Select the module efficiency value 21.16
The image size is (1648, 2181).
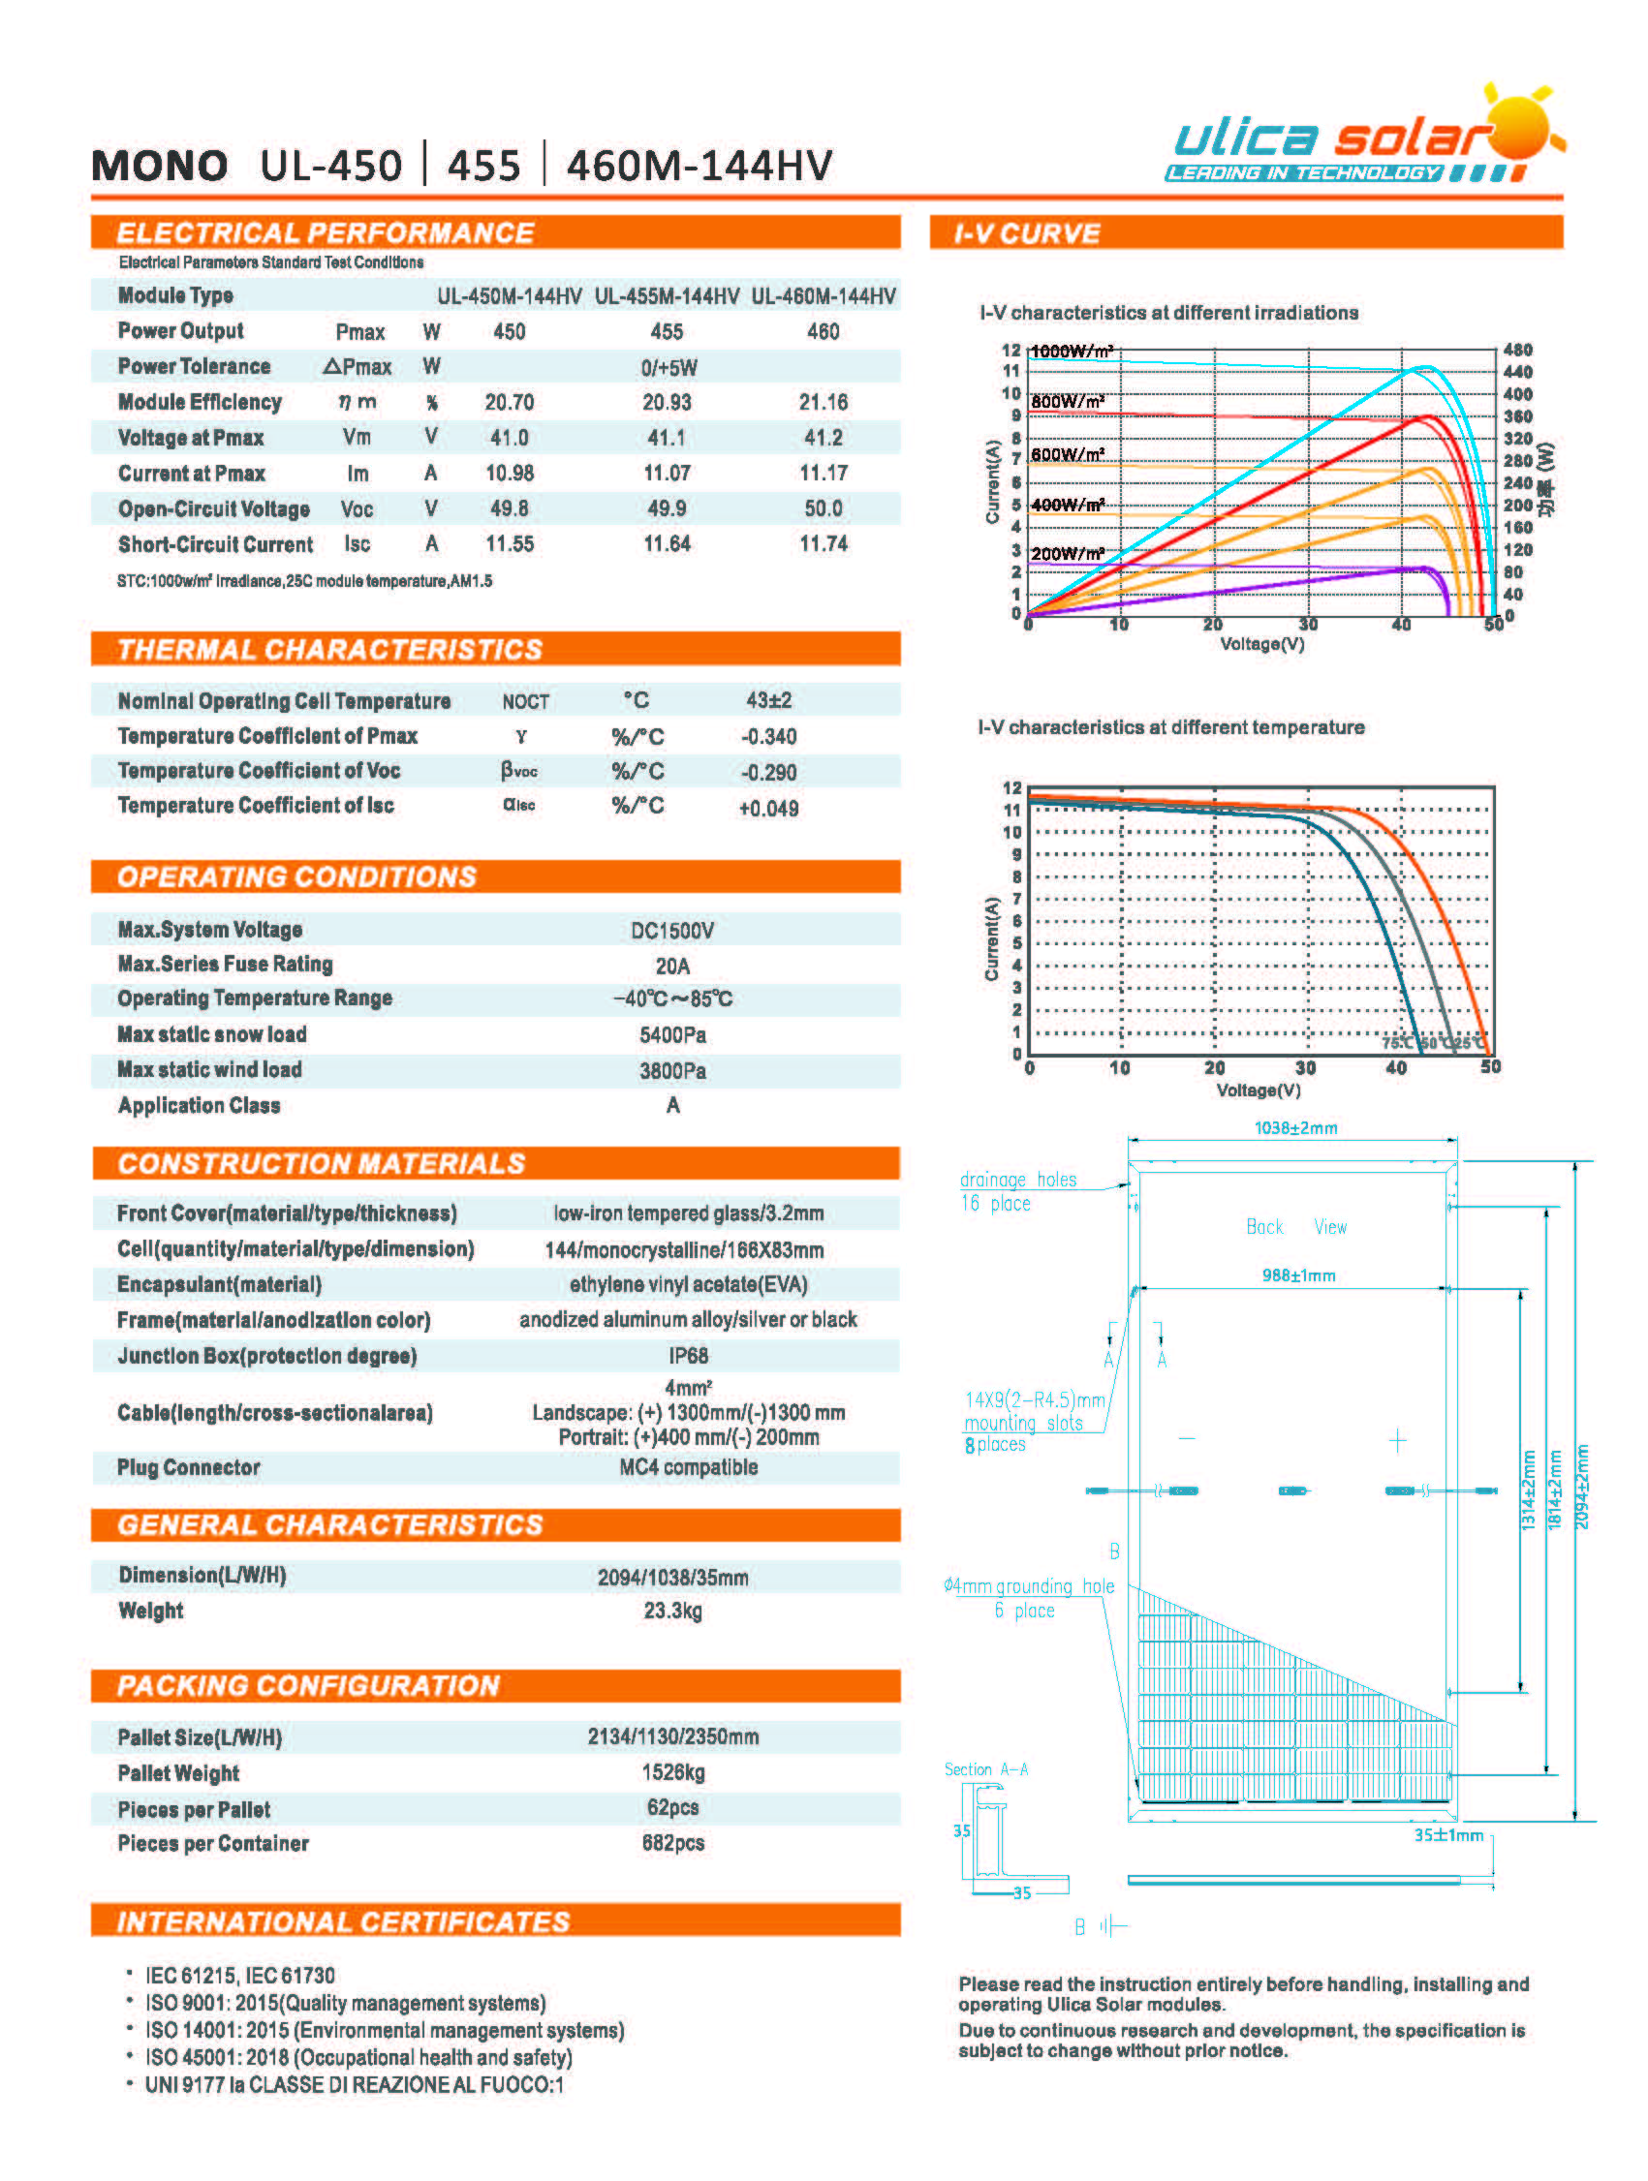[823, 402]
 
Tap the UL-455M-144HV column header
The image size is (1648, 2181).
[667, 295]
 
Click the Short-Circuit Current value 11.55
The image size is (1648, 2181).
[509, 544]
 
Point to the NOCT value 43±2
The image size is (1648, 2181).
[768, 701]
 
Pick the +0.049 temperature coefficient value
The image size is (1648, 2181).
[768, 809]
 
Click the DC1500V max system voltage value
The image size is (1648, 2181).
[671, 931]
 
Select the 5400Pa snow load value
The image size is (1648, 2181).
[671, 1035]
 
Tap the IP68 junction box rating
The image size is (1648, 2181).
[688, 1356]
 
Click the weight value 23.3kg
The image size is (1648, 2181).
[672, 1612]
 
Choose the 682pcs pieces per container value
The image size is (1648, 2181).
[672, 1843]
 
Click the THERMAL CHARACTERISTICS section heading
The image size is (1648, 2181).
[329, 650]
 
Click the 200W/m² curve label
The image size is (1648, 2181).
[1067, 553]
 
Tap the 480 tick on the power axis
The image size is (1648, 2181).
[1517, 350]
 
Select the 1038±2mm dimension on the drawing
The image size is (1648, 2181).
[1295, 1128]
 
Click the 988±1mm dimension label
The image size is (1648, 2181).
[1298, 1275]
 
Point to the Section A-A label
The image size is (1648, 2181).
[985, 1769]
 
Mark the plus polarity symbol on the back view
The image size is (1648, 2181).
[1397, 1441]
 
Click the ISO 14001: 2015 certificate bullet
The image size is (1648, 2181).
[385, 2030]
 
